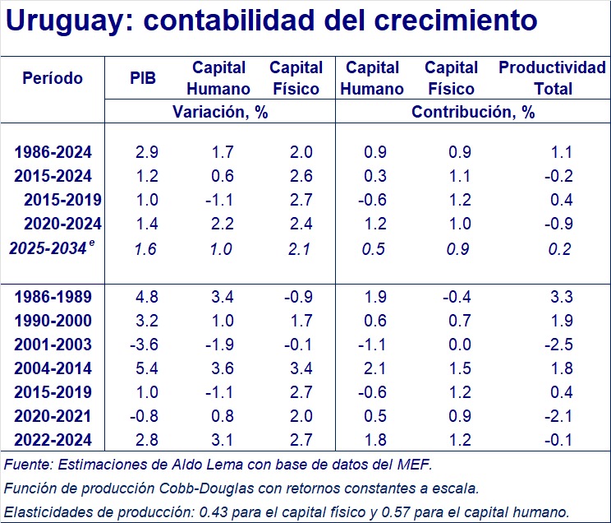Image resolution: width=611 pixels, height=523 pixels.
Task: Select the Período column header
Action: point(53,78)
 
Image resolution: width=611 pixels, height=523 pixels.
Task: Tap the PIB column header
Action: point(143,78)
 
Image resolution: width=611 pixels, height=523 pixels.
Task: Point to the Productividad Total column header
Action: point(552,78)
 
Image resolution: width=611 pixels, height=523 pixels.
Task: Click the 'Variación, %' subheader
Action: point(220,113)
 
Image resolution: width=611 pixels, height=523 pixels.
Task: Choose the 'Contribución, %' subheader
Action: point(473,113)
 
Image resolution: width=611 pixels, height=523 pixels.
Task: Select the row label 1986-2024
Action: point(53,152)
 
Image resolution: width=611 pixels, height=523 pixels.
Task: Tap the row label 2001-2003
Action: point(53,345)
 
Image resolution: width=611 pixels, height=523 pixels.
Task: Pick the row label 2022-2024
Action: point(53,441)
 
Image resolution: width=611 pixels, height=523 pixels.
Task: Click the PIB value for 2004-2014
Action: point(145,368)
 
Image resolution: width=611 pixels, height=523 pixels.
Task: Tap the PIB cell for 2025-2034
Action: point(145,248)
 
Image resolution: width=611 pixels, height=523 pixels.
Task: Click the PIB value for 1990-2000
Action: point(145,321)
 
